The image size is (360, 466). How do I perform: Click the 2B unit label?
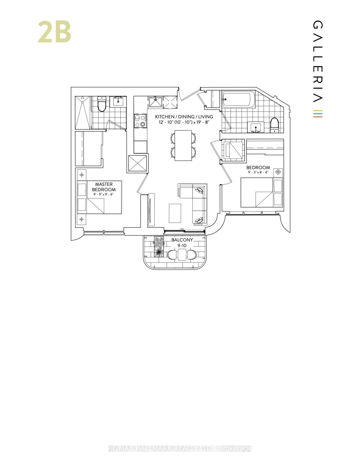(54, 32)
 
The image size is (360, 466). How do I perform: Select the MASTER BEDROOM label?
(104, 187)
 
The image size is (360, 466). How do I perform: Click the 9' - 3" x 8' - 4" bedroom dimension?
(258, 172)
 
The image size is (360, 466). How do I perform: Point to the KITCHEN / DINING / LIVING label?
(184, 117)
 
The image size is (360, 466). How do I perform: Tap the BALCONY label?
(182, 240)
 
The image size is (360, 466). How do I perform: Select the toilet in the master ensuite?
(101, 104)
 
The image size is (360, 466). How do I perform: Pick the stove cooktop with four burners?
(140, 121)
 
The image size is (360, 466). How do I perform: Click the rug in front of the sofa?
(175, 213)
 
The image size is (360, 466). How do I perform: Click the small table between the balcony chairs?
(182, 255)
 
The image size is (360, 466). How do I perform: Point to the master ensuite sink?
(118, 101)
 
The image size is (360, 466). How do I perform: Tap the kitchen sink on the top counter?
(155, 102)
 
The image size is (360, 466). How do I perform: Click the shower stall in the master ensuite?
(83, 112)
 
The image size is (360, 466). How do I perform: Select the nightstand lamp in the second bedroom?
(278, 172)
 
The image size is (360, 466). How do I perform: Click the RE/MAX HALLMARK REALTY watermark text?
(180, 448)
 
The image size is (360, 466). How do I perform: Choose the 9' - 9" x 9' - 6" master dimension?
(104, 194)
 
